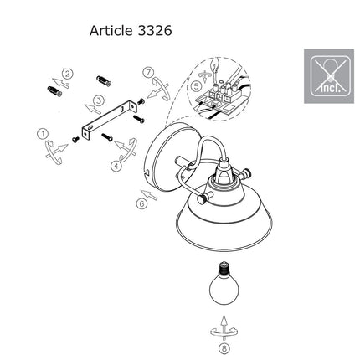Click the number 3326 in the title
click(155, 31)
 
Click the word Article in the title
click(111, 31)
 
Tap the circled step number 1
click(43, 134)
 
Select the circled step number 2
click(68, 74)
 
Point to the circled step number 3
click(98, 100)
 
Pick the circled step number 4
click(116, 167)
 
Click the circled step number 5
click(197, 86)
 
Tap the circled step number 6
click(141, 204)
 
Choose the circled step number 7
click(148, 72)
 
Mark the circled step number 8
click(224, 348)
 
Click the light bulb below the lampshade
click(224, 284)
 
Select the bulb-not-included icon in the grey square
click(329, 76)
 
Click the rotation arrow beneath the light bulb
click(224, 331)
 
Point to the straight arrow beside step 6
click(149, 194)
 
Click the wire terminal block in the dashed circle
click(220, 93)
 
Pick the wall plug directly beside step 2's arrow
click(54, 91)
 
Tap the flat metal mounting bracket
click(110, 120)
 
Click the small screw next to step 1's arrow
click(75, 140)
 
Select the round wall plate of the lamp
click(165, 157)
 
